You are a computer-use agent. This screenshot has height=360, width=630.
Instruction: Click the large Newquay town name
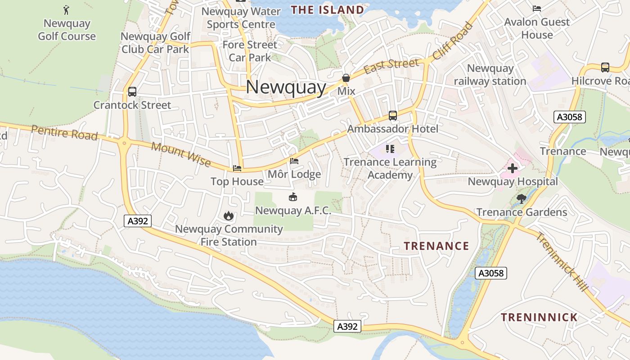click(x=286, y=87)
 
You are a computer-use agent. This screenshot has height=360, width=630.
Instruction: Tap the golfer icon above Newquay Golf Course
click(x=67, y=9)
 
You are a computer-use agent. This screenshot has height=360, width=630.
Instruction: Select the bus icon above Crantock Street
click(x=132, y=92)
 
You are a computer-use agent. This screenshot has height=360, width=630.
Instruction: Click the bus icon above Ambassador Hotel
click(x=393, y=116)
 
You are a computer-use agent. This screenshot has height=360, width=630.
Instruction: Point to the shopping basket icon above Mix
click(x=346, y=78)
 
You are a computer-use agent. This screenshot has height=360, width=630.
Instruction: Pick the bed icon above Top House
click(x=237, y=168)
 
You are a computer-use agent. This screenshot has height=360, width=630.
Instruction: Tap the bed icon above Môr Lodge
click(x=294, y=161)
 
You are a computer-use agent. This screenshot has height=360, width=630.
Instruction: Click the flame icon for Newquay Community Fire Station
click(x=229, y=216)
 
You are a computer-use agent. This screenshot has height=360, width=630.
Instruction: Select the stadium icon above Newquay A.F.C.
click(x=293, y=197)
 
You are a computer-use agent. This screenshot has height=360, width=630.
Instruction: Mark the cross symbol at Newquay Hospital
click(x=513, y=169)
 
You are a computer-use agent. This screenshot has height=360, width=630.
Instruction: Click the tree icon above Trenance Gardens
click(x=522, y=198)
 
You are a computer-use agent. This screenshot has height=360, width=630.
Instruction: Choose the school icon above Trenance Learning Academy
click(x=390, y=148)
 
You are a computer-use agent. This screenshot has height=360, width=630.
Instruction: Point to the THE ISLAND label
click(x=327, y=10)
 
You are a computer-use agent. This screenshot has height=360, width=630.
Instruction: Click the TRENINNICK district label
click(x=539, y=317)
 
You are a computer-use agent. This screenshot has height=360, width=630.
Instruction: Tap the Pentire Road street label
click(x=64, y=133)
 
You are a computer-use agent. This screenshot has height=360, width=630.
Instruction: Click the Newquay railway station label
click(x=490, y=75)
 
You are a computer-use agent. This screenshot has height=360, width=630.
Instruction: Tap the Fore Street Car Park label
click(x=250, y=51)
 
